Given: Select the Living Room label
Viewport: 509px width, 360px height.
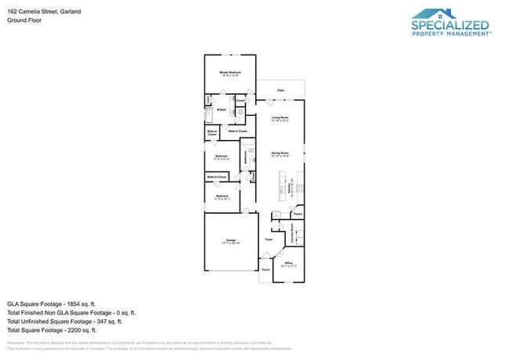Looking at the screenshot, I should tap(280, 119).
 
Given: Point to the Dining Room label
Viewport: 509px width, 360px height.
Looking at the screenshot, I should tap(280, 154).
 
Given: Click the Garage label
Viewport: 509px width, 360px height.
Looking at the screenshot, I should tap(231, 241).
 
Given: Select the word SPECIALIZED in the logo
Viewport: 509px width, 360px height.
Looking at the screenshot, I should tap(451, 25).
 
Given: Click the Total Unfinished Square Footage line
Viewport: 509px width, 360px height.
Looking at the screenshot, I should tap(64, 321).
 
